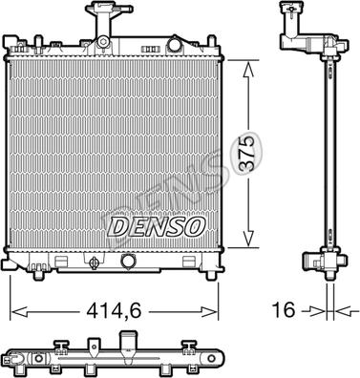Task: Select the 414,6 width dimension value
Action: (116, 310)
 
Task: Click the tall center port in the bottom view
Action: (127, 343)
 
